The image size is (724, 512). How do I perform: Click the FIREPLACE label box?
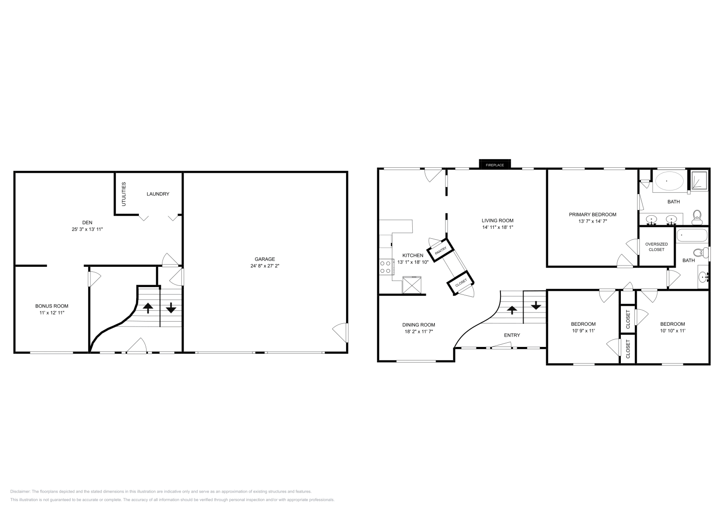(495, 165)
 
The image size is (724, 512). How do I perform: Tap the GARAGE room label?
(265, 259)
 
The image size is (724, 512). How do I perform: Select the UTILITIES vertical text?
(124, 194)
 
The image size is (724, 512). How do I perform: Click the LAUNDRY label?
(158, 194)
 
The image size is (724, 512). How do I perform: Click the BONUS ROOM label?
(52, 306)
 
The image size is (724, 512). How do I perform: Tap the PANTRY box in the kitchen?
(440, 251)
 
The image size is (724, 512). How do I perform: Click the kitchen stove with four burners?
(386, 266)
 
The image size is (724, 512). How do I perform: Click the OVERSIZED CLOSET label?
(656, 247)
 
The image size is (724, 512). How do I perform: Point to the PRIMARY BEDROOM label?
(592, 214)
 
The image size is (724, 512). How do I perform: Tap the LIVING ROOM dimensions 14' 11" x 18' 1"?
(497, 227)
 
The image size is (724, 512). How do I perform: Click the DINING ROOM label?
(419, 325)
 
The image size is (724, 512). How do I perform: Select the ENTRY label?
(512, 335)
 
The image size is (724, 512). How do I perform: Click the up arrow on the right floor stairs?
(512, 310)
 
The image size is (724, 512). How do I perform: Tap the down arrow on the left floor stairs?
(171, 309)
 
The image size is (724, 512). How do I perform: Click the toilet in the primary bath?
(697, 217)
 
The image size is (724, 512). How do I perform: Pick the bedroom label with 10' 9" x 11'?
(583, 324)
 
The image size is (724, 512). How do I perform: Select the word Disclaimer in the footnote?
(20, 491)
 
